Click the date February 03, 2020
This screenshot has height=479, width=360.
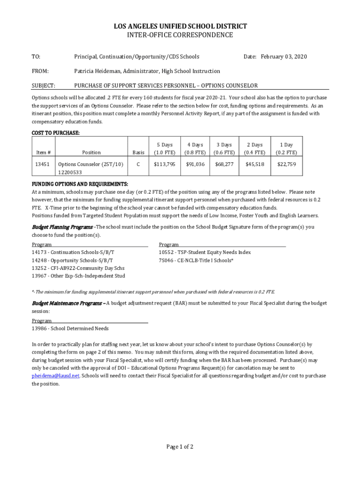coord(284,57)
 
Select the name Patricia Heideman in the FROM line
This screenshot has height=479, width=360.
coord(99,71)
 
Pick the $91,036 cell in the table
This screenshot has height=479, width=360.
coord(195,164)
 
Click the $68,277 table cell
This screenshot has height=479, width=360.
coord(224,164)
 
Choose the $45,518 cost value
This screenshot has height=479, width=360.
coord(255,164)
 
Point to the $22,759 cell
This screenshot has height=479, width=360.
coord(286,164)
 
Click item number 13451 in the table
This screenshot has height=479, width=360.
coord(43,164)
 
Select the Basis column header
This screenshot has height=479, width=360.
coord(138,152)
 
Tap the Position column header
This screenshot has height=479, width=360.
coord(91,152)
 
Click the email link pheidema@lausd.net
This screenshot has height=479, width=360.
coord(56,375)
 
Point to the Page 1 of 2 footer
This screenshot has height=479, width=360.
coord(180,447)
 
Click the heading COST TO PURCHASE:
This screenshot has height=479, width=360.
coord(55,133)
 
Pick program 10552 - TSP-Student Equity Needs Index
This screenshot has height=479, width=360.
coord(205,252)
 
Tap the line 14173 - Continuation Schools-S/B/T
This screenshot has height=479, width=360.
coord(73,252)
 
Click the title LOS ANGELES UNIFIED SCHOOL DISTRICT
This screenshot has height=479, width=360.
coord(180,26)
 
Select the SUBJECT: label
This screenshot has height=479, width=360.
coord(43,86)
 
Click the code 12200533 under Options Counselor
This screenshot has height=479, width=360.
coord(70,172)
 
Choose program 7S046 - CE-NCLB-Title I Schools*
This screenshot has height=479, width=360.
coord(196,260)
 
